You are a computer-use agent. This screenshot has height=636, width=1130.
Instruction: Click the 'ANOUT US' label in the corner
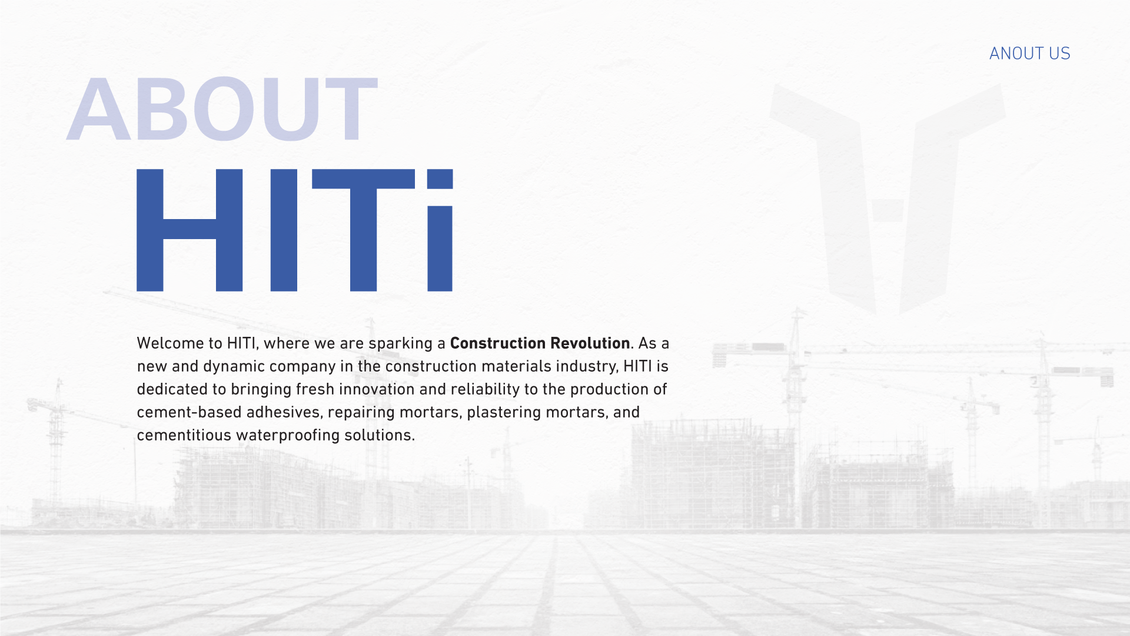click(x=1029, y=54)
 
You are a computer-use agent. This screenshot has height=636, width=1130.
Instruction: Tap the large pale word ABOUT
click(x=222, y=109)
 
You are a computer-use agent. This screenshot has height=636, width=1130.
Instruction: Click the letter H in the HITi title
click(x=190, y=230)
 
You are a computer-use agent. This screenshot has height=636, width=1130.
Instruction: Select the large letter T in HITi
click(x=363, y=230)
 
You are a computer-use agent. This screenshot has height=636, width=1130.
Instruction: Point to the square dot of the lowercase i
click(x=440, y=179)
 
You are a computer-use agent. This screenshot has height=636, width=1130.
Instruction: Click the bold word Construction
click(x=498, y=343)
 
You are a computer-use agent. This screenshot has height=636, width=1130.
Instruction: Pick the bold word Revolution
click(x=590, y=343)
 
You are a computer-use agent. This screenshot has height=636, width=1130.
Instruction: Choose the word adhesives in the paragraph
click(x=284, y=412)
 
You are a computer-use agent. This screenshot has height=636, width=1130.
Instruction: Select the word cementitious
click(x=184, y=435)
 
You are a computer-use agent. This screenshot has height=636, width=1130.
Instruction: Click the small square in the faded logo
click(x=888, y=210)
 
